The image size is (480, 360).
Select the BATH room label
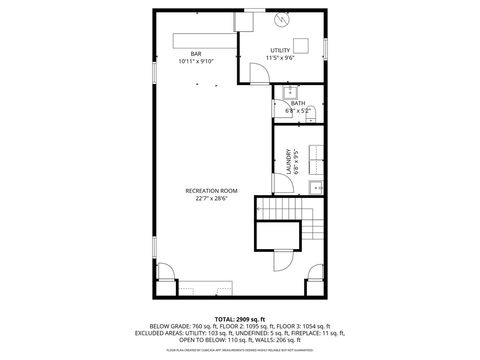coord(298,103)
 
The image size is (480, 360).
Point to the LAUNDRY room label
coord(287,161)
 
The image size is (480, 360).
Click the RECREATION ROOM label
coord(211,190)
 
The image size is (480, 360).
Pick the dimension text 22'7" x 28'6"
coord(211,198)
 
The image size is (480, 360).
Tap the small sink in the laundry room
coord(317,186)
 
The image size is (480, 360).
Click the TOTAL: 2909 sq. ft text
coord(239,318)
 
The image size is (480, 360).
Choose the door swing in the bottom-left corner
coord(165,278)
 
